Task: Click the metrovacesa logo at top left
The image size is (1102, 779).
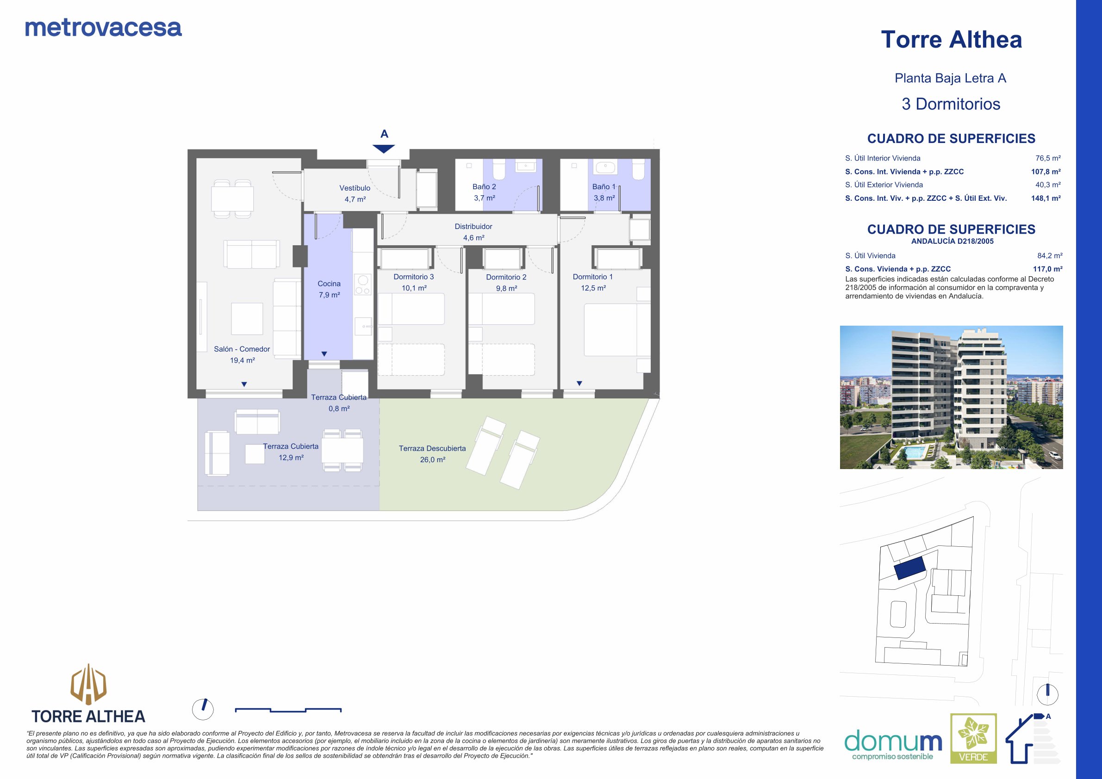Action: (x=103, y=28)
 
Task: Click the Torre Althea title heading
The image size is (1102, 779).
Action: (x=951, y=39)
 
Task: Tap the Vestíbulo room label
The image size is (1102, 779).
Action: (x=355, y=188)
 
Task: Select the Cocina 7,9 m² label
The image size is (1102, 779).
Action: (x=329, y=289)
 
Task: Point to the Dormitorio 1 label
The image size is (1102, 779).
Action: (x=593, y=277)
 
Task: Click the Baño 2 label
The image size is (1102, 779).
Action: (x=484, y=186)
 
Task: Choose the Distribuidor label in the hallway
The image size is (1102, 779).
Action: (x=474, y=226)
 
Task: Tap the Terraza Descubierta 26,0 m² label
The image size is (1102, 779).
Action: (x=432, y=454)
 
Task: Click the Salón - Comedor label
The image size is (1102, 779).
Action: (x=242, y=349)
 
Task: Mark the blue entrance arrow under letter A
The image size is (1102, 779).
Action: (x=384, y=148)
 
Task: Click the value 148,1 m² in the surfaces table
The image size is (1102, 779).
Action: (x=1046, y=198)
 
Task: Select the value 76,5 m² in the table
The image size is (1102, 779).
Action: (x=1048, y=158)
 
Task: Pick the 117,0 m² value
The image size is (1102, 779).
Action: (x=1048, y=269)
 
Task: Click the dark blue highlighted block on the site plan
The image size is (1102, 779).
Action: (x=910, y=569)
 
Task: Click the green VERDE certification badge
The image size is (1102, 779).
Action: (x=974, y=738)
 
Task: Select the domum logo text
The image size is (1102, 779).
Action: (x=893, y=741)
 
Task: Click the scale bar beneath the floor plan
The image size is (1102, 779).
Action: (x=288, y=710)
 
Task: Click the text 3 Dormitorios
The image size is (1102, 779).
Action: (x=951, y=104)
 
